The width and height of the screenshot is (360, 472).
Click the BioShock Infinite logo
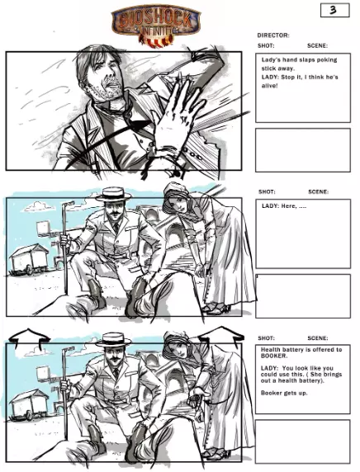point(156,25)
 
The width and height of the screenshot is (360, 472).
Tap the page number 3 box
point(334,10)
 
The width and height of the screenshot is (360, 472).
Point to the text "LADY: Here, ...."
point(284,206)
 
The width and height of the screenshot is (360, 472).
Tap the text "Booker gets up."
point(284,393)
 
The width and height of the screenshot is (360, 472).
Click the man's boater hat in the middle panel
point(114,195)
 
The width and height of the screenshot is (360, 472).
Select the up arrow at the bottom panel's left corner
point(29,337)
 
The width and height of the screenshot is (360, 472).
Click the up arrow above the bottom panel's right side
point(221,335)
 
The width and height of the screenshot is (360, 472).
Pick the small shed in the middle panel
point(29,259)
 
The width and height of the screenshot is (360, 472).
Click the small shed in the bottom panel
point(30,405)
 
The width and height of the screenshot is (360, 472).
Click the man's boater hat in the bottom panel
point(114,340)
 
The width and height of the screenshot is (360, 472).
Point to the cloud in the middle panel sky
point(38,206)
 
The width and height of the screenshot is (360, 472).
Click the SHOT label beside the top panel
point(266,45)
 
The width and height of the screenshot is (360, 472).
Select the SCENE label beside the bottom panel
point(318,338)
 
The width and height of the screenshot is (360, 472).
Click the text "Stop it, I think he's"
point(310,77)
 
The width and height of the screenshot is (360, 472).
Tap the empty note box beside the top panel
point(303,150)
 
